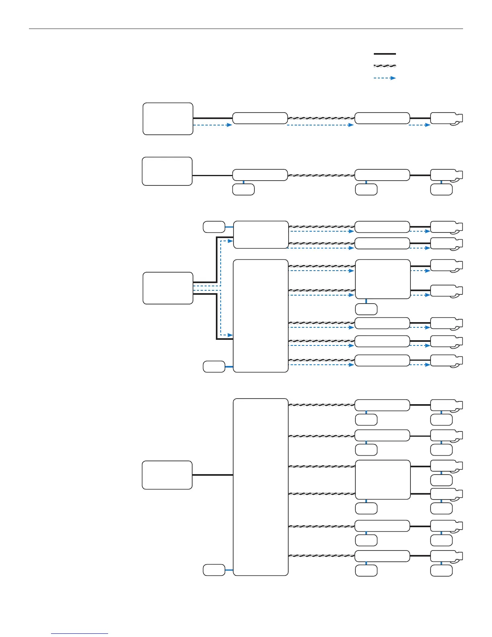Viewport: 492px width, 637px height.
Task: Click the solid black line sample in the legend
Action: (x=385, y=53)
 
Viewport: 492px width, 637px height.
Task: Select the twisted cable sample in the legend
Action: (x=385, y=66)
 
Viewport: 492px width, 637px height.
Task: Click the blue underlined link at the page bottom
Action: (x=80, y=634)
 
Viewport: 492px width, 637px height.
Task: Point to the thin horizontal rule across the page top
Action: (x=246, y=29)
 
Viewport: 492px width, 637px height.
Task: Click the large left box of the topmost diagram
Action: (x=168, y=119)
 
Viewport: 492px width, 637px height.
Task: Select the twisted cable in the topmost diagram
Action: (x=321, y=118)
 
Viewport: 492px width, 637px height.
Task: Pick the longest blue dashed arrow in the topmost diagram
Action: (x=320, y=125)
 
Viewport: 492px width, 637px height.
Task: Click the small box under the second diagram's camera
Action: (x=441, y=189)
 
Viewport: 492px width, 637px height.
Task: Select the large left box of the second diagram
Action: (x=167, y=171)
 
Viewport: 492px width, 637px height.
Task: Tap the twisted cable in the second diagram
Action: (x=321, y=175)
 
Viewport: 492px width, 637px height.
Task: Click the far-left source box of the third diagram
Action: (x=168, y=288)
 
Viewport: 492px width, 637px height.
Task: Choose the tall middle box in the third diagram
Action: (x=261, y=316)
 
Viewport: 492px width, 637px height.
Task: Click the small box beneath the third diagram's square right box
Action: (x=366, y=309)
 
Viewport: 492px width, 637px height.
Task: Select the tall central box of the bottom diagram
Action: (x=261, y=487)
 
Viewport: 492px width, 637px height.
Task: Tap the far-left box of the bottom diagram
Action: (x=167, y=475)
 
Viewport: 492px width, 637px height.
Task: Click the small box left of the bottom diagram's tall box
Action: (x=214, y=570)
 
